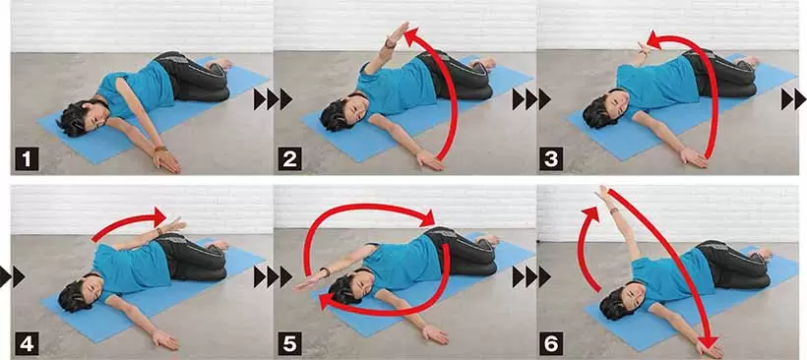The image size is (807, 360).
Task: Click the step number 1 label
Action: pos(27,159)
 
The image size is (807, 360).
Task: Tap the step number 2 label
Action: pos(289,159)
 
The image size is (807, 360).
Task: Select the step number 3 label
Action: pos(551,159)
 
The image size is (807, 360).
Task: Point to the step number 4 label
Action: pos(27,343)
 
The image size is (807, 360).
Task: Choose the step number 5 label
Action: pos(289,343)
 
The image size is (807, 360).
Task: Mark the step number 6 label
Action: pos(551,343)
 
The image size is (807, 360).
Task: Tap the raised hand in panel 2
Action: pos(399,32)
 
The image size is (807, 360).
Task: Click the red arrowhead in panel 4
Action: pos(159,215)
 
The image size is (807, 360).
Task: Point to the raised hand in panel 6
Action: pos(603,194)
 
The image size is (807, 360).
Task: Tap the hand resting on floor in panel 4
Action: pos(165,339)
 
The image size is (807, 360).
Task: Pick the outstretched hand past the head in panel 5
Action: pos(307,283)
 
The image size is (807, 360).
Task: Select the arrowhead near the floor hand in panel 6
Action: pos(710,341)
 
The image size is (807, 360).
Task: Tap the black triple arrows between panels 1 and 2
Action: pos(274,98)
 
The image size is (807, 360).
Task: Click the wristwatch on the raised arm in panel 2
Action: pos(390,44)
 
